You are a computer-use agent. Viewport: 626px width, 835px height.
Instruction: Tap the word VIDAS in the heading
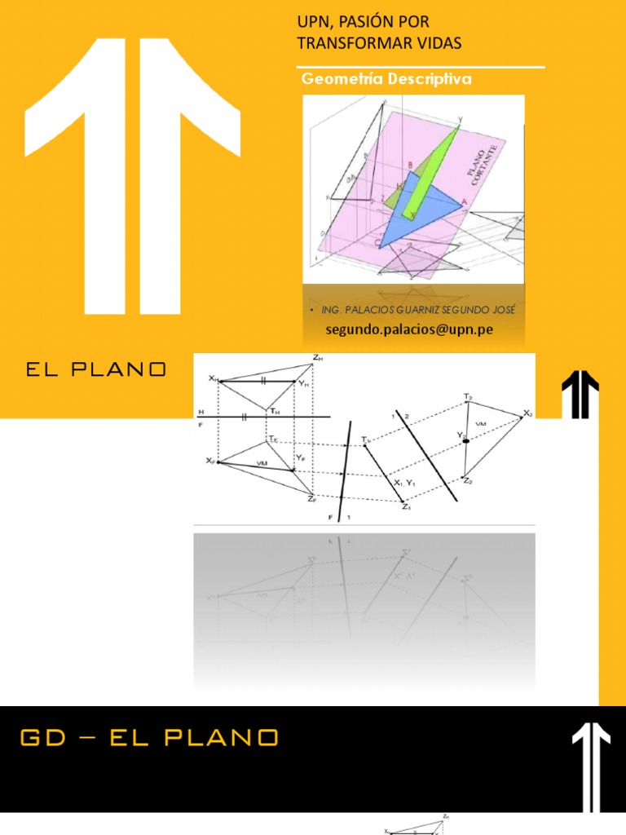[x=439, y=43]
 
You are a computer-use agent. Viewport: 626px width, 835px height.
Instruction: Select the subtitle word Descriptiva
[x=432, y=79]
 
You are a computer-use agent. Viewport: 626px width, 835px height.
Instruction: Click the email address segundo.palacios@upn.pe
[x=409, y=329]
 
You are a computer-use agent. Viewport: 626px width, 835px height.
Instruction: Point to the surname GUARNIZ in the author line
[x=417, y=311]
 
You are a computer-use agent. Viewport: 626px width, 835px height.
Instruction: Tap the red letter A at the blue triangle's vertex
[x=465, y=201]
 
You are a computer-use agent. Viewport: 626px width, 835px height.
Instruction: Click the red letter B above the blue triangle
[x=410, y=165]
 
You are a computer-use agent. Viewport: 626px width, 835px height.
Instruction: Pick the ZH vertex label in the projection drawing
[x=317, y=357]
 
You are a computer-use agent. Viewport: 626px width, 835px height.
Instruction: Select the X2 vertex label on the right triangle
[x=527, y=413]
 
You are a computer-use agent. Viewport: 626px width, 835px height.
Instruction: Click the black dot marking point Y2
[x=467, y=441]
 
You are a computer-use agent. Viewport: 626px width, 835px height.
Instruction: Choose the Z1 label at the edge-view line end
[x=406, y=507]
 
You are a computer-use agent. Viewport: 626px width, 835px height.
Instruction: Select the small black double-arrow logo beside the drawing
[x=580, y=394]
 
